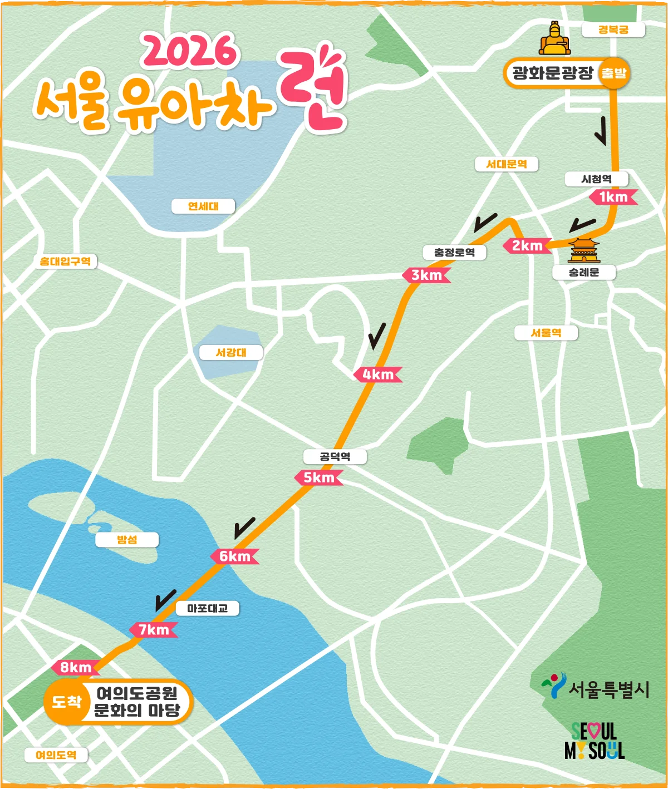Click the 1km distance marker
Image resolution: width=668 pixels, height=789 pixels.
tap(613, 197)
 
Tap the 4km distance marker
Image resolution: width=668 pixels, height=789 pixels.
tap(378, 374)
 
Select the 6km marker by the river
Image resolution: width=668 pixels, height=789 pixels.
tap(234, 556)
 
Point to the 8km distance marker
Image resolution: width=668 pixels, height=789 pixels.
tap(76, 667)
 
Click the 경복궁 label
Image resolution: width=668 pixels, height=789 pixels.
tap(613, 29)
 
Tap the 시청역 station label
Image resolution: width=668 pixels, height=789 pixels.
tap(596, 179)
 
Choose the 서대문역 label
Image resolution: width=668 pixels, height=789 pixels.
tap(506, 164)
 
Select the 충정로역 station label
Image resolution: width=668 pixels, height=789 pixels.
tap(455, 252)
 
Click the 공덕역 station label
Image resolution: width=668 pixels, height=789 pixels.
tap(335, 457)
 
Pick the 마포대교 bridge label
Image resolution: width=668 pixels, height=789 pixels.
tap(207, 609)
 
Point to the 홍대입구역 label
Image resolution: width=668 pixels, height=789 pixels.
tap(65, 261)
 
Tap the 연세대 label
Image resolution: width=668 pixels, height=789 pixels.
tap(203, 206)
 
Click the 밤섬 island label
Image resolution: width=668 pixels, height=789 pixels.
tap(127, 540)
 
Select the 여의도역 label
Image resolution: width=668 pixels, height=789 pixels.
tap(56, 755)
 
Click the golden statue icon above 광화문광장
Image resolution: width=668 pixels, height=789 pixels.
tap(554, 38)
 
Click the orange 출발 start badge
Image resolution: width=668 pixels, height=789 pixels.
tap(613, 73)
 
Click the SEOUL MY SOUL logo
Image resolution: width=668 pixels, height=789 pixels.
tap(594, 741)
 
